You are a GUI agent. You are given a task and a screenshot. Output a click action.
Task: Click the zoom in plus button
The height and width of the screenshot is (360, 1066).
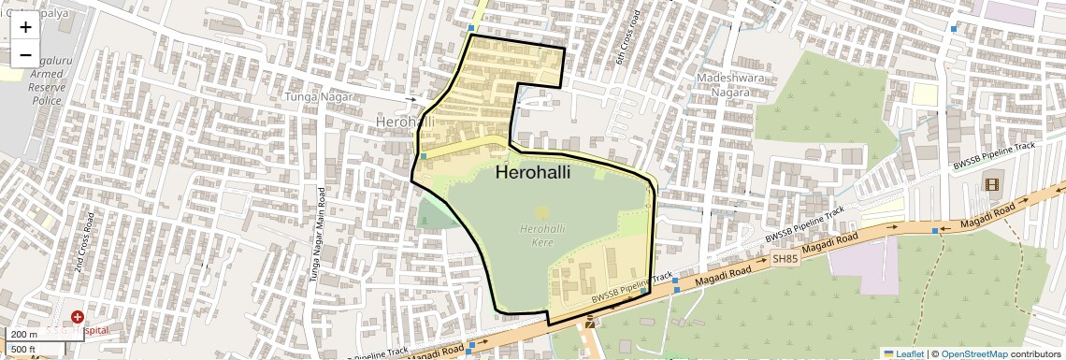[25, 27]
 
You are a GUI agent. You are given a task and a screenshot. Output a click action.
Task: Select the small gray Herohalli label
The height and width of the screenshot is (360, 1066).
[405, 122]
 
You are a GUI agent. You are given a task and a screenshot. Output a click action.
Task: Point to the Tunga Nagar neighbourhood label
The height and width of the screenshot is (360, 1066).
[319, 97]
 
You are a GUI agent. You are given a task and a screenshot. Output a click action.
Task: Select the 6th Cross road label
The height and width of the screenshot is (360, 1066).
[627, 38]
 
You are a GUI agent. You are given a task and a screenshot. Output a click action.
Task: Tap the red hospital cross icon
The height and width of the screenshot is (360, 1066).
[77, 318]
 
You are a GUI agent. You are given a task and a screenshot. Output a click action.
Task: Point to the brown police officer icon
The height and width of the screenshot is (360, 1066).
[590, 324]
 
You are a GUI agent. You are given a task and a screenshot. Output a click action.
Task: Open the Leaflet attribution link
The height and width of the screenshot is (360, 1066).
[902, 353]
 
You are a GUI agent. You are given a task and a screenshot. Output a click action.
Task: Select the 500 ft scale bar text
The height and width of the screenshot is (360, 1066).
[23, 350]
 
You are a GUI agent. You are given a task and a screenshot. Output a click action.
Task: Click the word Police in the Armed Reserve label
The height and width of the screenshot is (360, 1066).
[46, 100]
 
